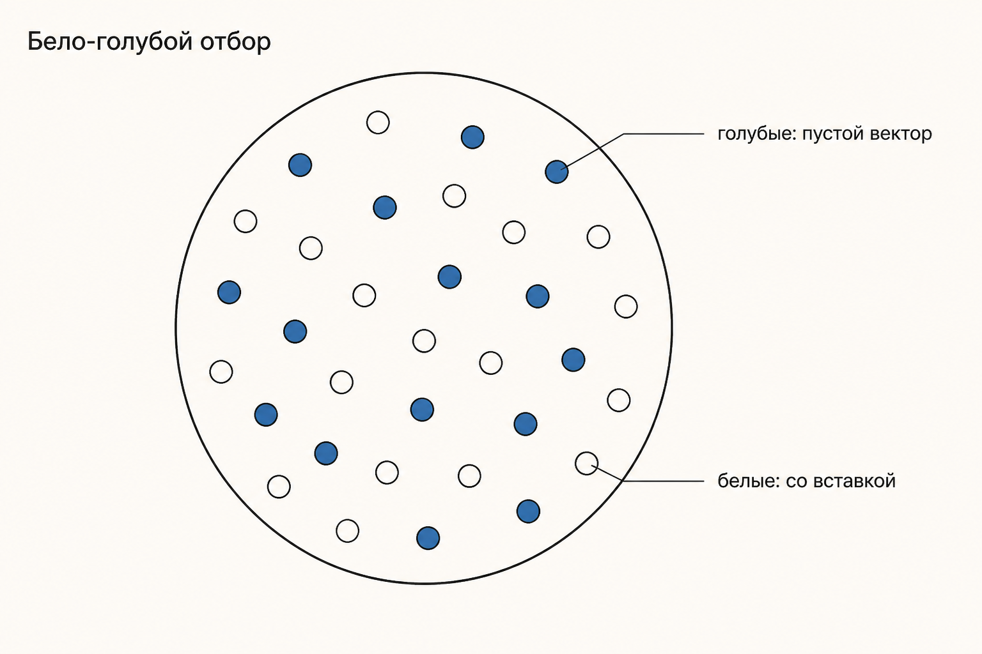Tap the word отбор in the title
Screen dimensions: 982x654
coord(235,42)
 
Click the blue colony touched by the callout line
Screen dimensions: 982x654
coord(557,172)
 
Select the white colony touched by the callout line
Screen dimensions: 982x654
coord(586,463)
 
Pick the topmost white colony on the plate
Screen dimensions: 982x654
coord(378,122)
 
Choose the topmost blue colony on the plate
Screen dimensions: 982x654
coord(472,137)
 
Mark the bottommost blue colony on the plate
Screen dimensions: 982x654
coord(428,538)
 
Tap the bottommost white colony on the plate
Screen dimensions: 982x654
coord(348,531)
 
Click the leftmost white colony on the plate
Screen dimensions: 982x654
coord(221,372)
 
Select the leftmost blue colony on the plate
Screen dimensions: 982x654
coord(230,292)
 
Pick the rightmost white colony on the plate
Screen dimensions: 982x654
coord(626,306)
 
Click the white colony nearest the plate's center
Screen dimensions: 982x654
coord(424,341)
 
